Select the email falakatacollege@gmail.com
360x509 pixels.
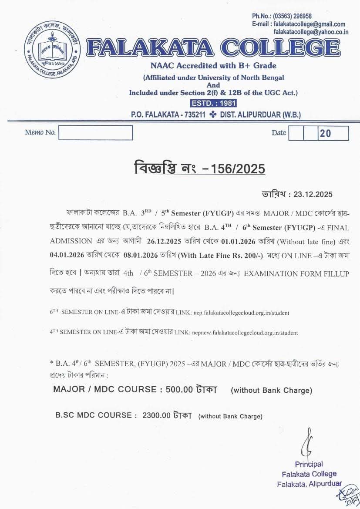310,24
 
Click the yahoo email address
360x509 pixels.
311,32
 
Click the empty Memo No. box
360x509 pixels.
96,133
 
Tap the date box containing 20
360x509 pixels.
333,133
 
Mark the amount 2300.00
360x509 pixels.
156,415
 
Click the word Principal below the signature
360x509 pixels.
309,464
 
